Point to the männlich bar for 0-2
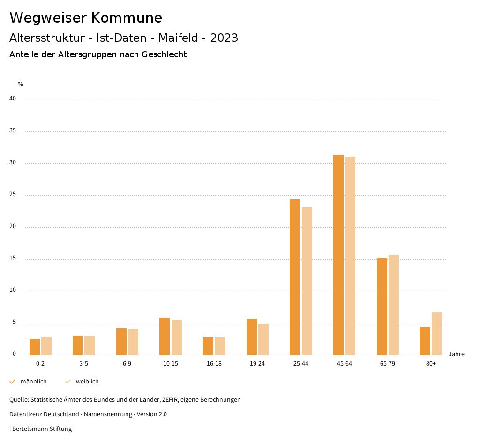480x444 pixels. pyautogui.click(x=35, y=347)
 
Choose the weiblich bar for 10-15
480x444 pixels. pyautogui.click(x=176, y=337)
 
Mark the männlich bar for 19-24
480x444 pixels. pyautogui.click(x=252, y=337)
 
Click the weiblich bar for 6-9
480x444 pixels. pyautogui.click(x=133, y=342)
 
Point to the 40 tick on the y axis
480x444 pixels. pyautogui.click(x=13, y=99)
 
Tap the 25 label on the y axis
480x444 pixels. pyautogui.click(x=13, y=195)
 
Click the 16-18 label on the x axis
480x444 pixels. pyautogui.click(x=214, y=364)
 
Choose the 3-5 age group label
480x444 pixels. pyautogui.click(x=84, y=364)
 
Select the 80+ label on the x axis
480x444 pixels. pyautogui.click(x=431, y=364)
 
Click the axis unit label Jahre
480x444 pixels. pyautogui.click(x=457, y=354)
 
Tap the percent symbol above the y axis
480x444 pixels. pyautogui.click(x=21, y=84)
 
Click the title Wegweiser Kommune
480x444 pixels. pyautogui.click(x=86, y=18)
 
